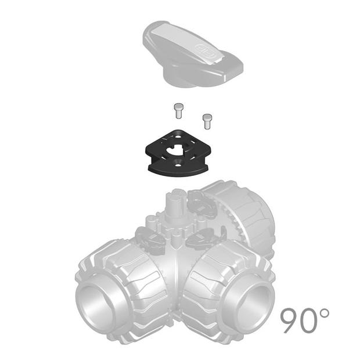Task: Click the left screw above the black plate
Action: click(x=179, y=111)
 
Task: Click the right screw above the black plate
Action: click(x=207, y=121)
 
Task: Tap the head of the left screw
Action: click(x=179, y=106)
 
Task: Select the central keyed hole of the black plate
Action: click(x=178, y=149)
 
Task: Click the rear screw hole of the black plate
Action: click(x=178, y=136)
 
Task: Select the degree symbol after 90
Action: click(x=324, y=313)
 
